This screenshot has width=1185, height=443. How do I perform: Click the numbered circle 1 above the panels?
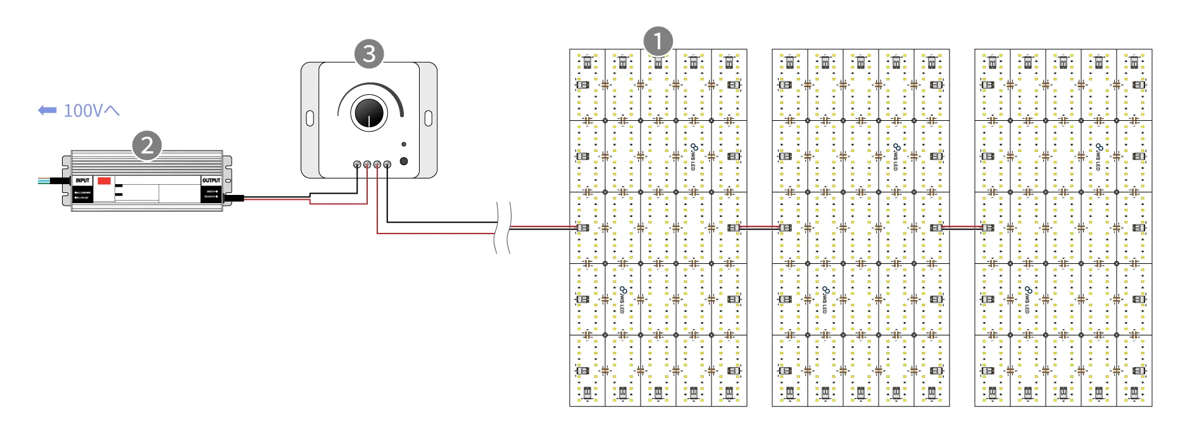658,42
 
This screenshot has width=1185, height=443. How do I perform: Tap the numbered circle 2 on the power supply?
147,146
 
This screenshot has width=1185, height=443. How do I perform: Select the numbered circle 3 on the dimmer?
369,54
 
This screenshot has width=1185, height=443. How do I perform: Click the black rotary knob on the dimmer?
370,113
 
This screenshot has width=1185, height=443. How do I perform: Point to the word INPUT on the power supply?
82,180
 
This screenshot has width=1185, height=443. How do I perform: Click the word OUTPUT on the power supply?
211,180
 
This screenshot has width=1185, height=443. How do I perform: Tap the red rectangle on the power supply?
104,180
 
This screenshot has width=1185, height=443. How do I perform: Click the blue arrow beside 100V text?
47,111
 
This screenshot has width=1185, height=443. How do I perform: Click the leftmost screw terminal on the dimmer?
357,165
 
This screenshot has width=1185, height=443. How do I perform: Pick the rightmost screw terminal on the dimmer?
387,165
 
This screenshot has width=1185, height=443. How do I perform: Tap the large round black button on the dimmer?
404,161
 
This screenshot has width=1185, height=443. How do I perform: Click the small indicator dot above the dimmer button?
404,145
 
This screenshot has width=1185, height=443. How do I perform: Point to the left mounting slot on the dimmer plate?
310,118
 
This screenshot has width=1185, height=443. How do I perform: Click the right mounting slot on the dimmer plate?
428,118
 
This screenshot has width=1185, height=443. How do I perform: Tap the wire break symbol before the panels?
502,228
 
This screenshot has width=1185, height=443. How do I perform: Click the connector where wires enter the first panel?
582,228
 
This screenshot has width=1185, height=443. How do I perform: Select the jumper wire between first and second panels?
760,228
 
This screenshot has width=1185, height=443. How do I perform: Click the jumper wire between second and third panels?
962,228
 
